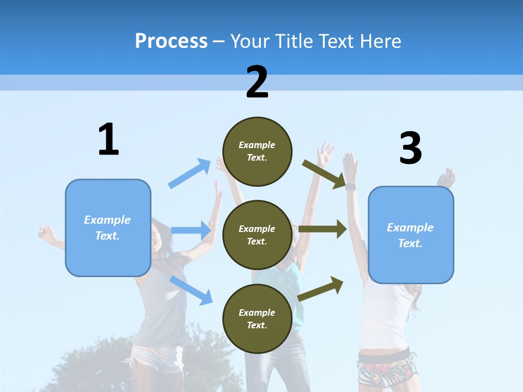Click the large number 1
click(x=108, y=140)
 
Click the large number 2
click(x=257, y=82)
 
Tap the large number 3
click(x=410, y=148)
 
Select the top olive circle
click(x=257, y=151)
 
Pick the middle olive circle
click(x=257, y=235)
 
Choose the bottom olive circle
click(x=257, y=318)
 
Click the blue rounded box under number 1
click(x=108, y=228)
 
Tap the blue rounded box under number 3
click(x=411, y=235)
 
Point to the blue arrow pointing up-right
click(x=190, y=173)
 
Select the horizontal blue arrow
click(x=191, y=230)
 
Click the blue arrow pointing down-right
click(x=191, y=290)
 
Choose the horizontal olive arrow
click(x=323, y=229)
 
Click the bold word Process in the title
click(x=171, y=41)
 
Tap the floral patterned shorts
click(x=384, y=372)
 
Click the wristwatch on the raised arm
click(x=350, y=187)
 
